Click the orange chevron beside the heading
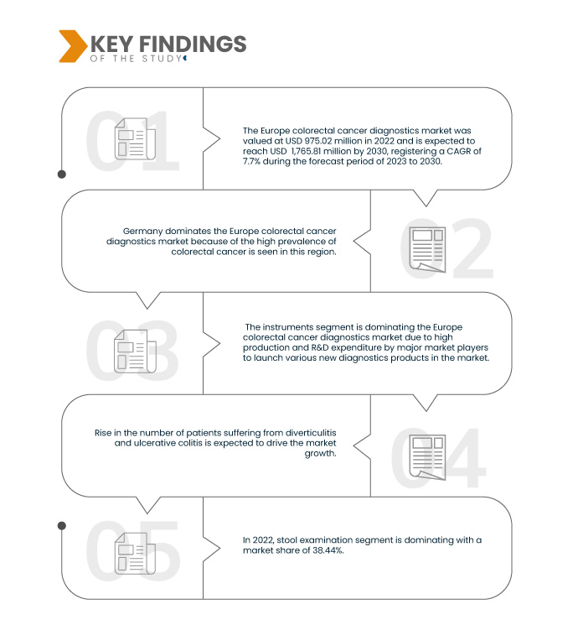click(x=73, y=46)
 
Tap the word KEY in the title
click(x=112, y=44)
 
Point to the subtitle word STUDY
click(x=162, y=59)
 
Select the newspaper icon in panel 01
click(x=135, y=138)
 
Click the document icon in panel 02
click(x=427, y=249)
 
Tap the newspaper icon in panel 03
click(x=135, y=352)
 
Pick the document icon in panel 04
click(x=427, y=457)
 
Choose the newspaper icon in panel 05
click(x=135, y=554)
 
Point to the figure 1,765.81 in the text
click(x=307, y=152)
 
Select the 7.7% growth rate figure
click(x=251, y=161)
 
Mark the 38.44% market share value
click(x=330, y=550)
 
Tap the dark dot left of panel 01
click(x=62, y=174)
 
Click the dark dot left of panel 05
click(x=62, y=526)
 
